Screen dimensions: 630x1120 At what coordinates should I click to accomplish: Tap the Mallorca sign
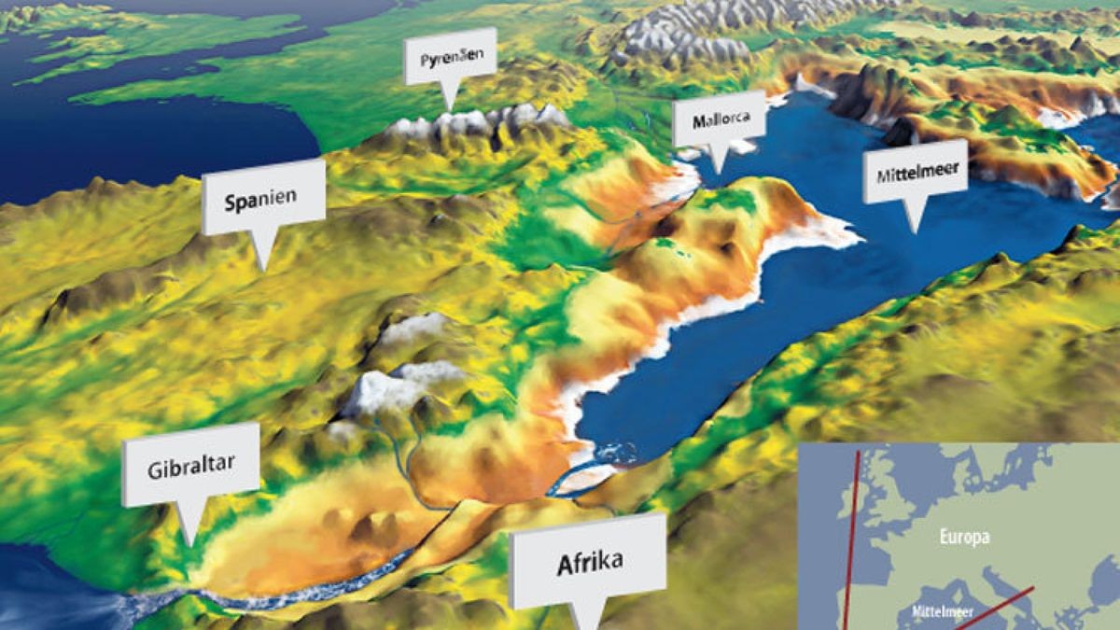click(719, 120)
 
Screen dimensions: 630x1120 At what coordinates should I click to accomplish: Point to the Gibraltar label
click(190, 466)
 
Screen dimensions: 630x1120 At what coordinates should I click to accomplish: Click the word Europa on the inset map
click(964, 537)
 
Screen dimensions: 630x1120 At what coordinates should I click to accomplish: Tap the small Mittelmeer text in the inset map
click(942, 612)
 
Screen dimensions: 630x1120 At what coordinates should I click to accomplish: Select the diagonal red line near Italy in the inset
click(994, 607)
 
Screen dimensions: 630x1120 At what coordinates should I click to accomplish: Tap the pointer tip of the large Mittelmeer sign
click(916, 231)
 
